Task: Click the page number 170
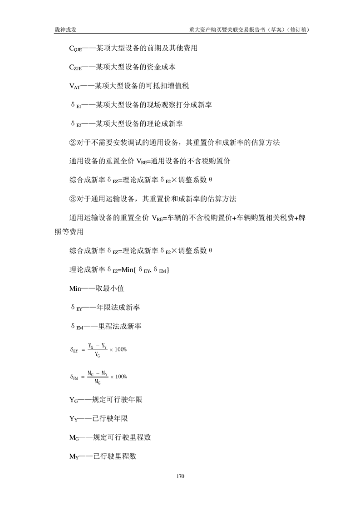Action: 180,476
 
